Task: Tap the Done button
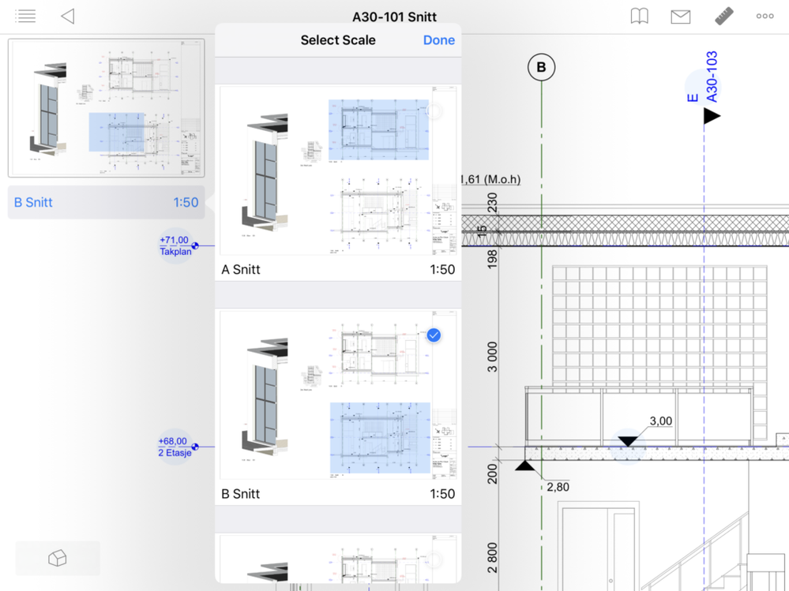[x=438, y=40]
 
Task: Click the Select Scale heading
[x=337, y=40]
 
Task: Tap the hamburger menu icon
[x=25, y=17]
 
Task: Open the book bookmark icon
[x=639, y=17]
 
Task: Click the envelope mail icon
[x=680, y=17]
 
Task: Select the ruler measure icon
[x=723, y=17]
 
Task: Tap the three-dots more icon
[x=765, y=17]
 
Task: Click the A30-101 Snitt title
[x=394, y=17]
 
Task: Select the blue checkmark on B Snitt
[x=434, y=335]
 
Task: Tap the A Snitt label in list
[x=241, y=270]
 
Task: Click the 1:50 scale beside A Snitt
[x=441, y=270]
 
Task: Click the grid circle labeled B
[x=541, y=68]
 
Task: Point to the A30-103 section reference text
[x=712, y=77]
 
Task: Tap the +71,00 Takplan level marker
[x=175, y=245]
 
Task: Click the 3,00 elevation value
[x=660, y=421]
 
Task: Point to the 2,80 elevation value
[x=558, y=487]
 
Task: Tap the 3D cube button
[x=58, y=559]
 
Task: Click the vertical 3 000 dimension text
[x=492, y=357]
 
